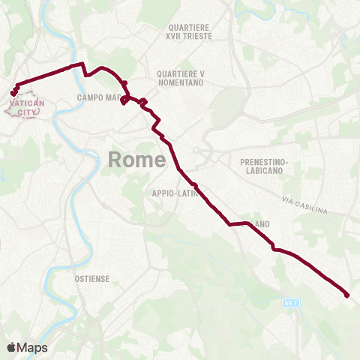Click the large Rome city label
point(136,159)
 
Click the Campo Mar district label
point(99,97)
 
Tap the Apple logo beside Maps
point(11,347)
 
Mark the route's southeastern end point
point(347,295)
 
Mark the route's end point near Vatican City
point(13,94)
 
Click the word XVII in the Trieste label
point(179,36)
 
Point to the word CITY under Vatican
point(26,112)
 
